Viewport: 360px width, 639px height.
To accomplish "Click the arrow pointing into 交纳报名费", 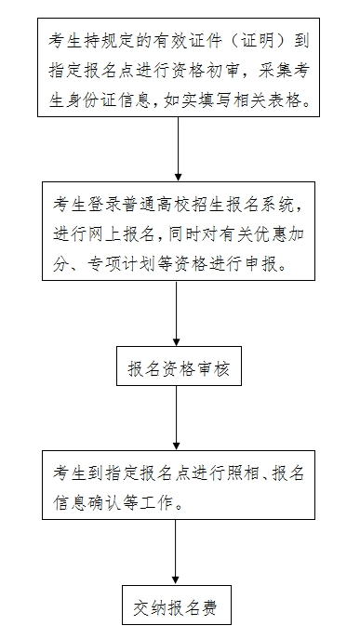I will click(x=176, y=556).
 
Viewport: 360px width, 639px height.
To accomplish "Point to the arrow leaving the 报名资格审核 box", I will click(x=176, y=419).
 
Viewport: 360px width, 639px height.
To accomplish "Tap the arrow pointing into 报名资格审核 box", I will click(x=176, y=316).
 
